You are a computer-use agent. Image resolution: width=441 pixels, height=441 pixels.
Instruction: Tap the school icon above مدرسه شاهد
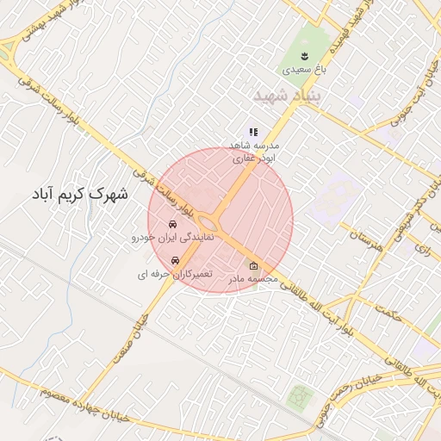[253, 132]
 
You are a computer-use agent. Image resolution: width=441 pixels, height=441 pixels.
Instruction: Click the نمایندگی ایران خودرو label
[165, 236]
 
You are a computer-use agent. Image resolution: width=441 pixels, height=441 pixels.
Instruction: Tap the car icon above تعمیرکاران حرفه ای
[176, 261]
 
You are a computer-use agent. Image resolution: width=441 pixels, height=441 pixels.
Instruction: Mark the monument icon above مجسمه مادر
[253, 266]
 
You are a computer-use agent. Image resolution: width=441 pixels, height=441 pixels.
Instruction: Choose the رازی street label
[421, 248]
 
